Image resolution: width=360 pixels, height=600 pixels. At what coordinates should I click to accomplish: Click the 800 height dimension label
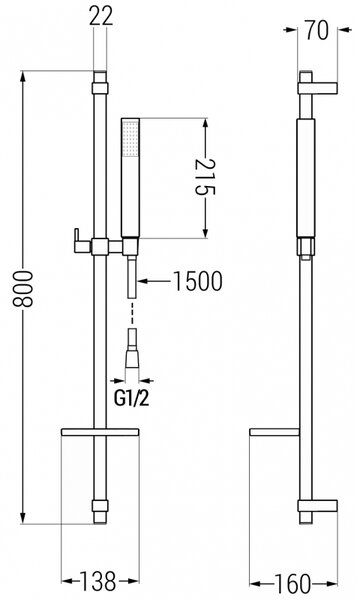tap(23, 289)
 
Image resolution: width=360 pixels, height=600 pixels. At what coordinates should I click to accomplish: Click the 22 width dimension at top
tap(101, 16)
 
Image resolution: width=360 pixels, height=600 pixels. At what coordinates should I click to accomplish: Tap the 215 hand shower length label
tap(205, 177)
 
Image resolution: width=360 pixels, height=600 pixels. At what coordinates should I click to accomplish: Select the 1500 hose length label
tap(197, 281)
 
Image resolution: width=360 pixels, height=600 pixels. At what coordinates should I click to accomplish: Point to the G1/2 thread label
tap(131, 399)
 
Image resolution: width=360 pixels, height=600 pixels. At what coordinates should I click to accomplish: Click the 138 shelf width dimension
tap(98, 581)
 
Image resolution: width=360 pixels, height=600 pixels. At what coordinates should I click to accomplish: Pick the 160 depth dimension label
tap(293, 584)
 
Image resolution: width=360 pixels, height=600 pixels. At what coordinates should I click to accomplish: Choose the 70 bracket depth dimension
tap(317, 30)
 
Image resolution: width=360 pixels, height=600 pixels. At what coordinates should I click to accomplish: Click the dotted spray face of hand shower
tap(130, 139)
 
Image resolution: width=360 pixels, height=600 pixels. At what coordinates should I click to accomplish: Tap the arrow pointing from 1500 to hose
tap(154, 281)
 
